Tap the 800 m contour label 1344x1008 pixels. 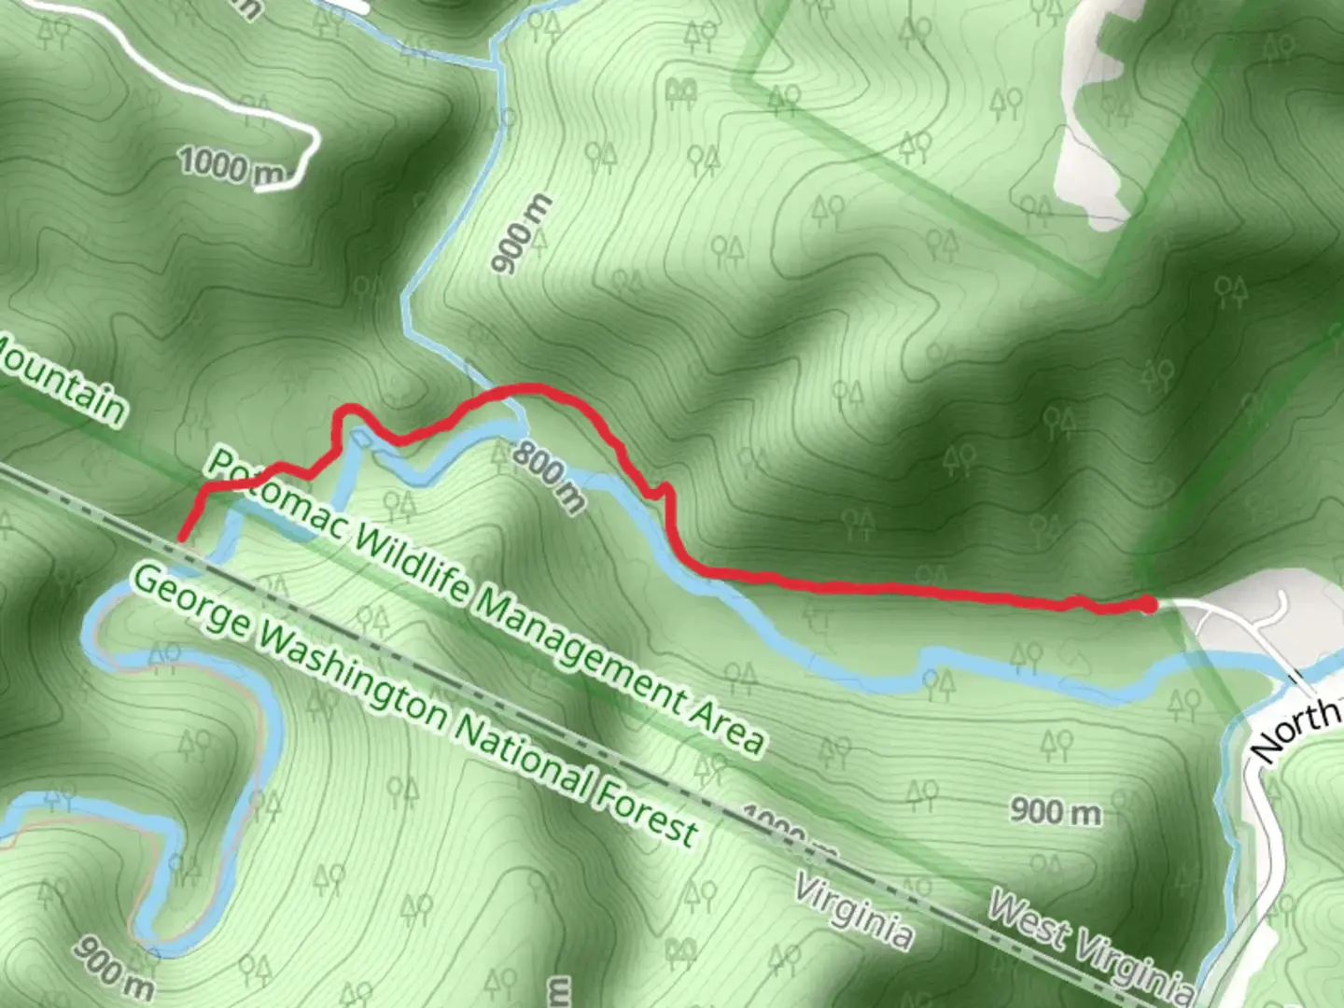click(x=550, y=476)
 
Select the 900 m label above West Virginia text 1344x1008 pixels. click(x=1056, y=810)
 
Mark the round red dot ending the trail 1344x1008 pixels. click(x=1148, y=606)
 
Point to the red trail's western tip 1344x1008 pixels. click(x=181, y=538)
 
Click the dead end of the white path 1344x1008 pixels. click(x=259, y=188)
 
